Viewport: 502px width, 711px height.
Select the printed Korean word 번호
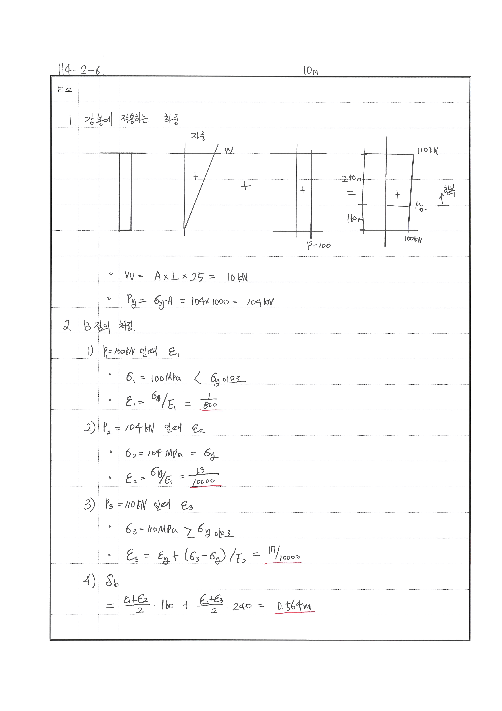point(65,89)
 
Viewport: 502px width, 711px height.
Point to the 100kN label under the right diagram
point(413,239)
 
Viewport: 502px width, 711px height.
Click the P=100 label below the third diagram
point(319,246)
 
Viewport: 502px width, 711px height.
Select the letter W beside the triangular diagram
point(229,150)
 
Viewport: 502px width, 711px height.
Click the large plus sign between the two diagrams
point(245,186)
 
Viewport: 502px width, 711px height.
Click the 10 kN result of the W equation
point(237,277)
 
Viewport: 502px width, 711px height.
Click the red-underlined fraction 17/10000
point(283,554)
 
